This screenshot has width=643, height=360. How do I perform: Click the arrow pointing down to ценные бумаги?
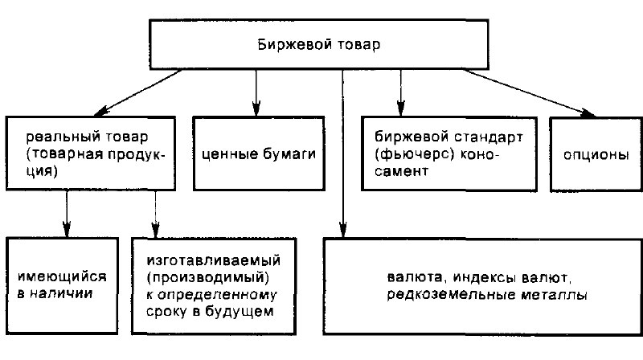[x=256, y=92]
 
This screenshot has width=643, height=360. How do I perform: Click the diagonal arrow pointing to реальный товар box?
[x=137, y=92]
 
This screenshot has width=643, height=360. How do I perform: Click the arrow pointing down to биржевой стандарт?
[x=399, y=92]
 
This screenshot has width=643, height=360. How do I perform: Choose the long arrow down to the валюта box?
[x=343, y=153]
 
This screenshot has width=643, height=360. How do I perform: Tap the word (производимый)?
[x=207, y=277]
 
